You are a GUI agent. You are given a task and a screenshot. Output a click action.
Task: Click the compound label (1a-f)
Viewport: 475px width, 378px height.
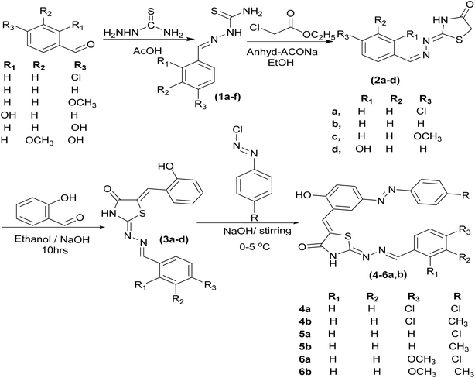coord(227,97)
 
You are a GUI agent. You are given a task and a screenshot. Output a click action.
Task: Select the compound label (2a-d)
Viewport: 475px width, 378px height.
coord(385,81)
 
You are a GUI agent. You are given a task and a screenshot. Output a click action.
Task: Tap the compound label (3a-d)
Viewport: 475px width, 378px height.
coord(174,240)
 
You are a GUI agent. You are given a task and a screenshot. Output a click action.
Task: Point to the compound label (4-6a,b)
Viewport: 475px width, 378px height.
coord(388,275)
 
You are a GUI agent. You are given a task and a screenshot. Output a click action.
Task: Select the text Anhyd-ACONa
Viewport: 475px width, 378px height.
coord(282,52)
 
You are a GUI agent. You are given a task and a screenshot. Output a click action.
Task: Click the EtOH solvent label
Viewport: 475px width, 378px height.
coord(281,63)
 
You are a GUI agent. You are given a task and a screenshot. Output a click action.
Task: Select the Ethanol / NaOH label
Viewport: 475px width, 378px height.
coord(52,239)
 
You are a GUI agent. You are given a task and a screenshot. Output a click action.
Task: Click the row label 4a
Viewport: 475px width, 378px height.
coord(304,309)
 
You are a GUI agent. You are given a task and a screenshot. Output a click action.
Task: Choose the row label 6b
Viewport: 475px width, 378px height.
coord(305,372)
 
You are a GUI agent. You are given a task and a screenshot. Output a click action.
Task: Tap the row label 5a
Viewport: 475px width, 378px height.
coord(305,334)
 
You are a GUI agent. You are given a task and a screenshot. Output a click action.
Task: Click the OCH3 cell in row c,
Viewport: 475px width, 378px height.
coord(428,137)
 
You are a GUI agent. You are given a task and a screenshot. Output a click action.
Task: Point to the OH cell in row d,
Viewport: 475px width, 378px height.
coord(364,149)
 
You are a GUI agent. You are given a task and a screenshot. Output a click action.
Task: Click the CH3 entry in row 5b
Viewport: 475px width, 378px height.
coord(458,347)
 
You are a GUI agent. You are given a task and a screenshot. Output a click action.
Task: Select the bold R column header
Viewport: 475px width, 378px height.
coord(457,296)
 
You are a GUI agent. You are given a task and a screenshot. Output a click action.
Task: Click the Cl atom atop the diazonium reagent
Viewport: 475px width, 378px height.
coord(237,130)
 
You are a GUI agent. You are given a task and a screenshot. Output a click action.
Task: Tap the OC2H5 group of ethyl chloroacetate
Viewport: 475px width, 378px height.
coord(318,36)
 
